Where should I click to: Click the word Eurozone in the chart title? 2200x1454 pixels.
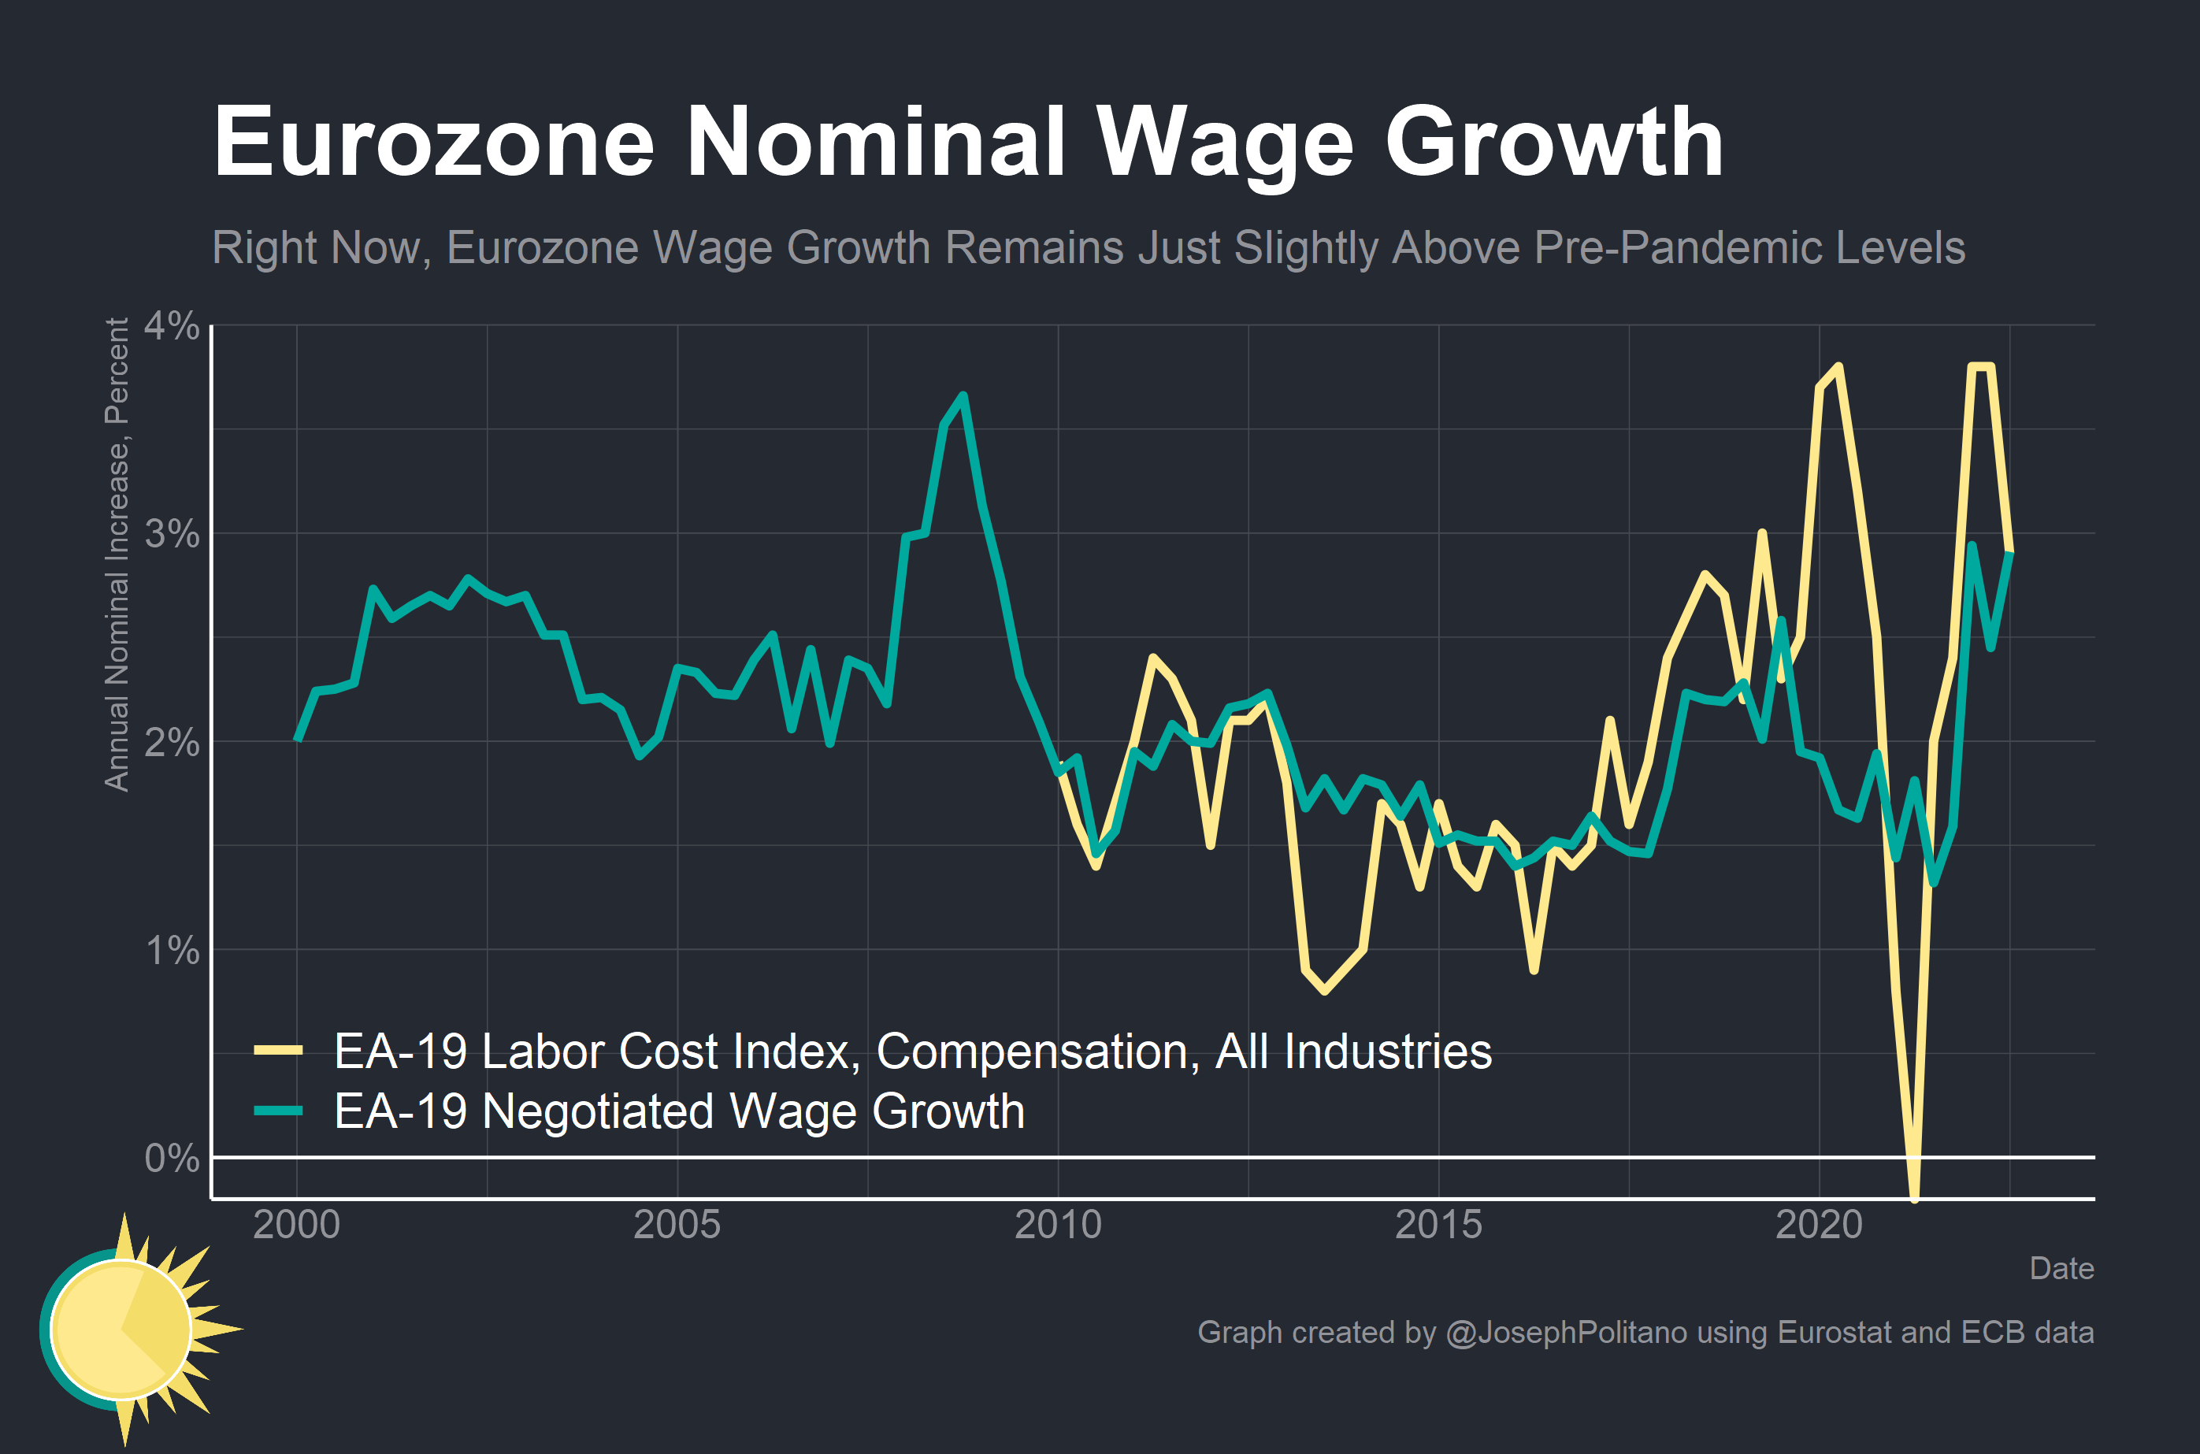coord(434,142)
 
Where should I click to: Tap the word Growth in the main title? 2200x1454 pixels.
coord(1554,142)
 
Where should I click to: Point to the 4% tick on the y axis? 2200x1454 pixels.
coord(172,325)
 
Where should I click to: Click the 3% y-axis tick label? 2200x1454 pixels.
coord(172,534)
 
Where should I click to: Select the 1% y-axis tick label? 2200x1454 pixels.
coord(172,951)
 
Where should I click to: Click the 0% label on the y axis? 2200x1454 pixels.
coord(172,1158)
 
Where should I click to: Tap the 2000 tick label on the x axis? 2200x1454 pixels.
coord(297,1225)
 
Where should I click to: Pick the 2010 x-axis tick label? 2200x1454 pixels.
coord(1058,1225)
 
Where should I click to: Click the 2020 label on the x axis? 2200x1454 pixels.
coord(1819,1225)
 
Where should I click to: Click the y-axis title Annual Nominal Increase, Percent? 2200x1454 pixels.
coord(117,555)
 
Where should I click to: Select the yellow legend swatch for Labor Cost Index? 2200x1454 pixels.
coord(278,1051)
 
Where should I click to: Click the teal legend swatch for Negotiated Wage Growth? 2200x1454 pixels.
coord(278,1110)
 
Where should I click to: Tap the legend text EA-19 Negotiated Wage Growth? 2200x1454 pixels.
coord(679,1111)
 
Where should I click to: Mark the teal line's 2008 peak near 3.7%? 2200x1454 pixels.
coord(963,396)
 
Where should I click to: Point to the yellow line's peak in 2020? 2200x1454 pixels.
coord(1838,366)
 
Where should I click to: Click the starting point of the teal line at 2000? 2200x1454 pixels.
coord(298,739)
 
